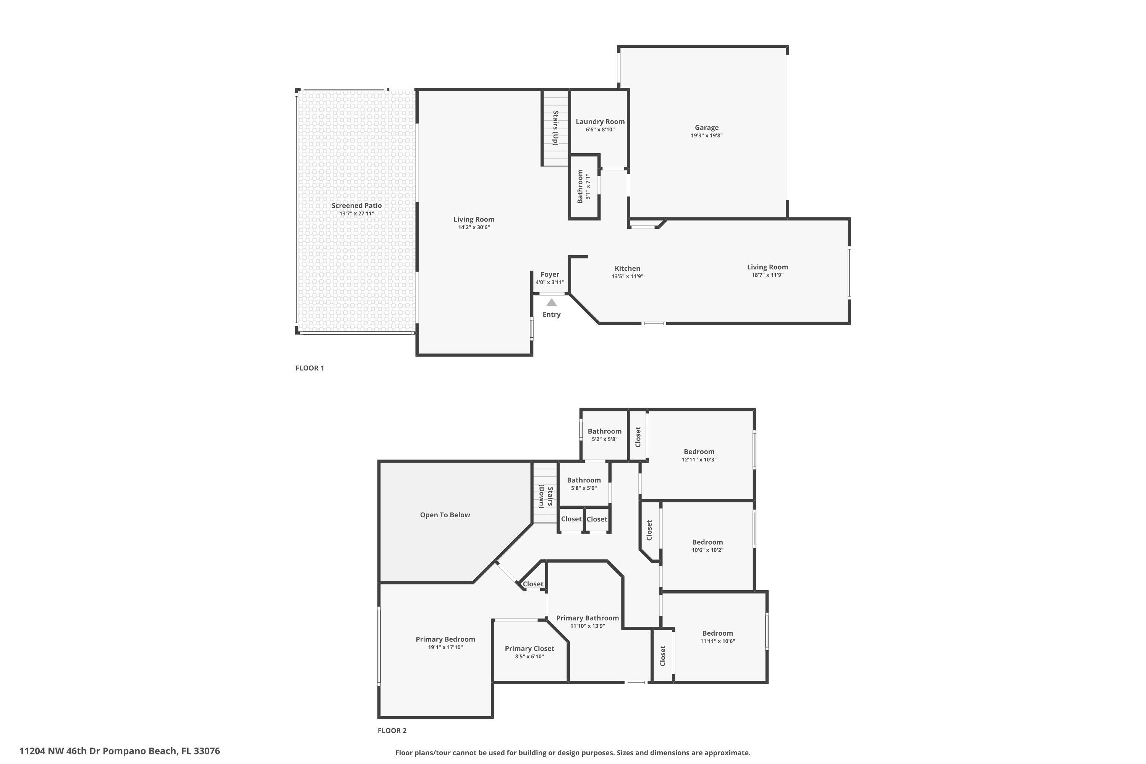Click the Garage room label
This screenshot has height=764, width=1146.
(706, 128)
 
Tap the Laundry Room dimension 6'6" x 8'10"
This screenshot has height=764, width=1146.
(600, 129)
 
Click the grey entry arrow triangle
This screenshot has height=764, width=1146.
(551, 303)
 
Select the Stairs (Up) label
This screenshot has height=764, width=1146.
(555, 128)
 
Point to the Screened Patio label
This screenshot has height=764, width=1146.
(357, 206)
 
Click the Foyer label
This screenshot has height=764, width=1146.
(550, 274)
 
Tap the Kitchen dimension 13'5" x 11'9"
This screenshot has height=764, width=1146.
(627, 276)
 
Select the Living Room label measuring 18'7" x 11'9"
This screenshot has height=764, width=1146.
(767, 267)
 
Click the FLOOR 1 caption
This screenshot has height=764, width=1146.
(309, 368)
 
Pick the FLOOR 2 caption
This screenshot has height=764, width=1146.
(392, 730)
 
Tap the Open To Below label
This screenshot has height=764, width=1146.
(445, 515)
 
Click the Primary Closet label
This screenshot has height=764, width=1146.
(529, 649)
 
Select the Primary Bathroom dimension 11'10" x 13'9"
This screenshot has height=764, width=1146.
(587, 626)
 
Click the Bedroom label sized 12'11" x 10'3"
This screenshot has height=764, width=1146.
(699, 452)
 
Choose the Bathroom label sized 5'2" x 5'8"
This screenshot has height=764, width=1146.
(604, 431)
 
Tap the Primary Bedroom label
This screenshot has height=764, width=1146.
(445, 639)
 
